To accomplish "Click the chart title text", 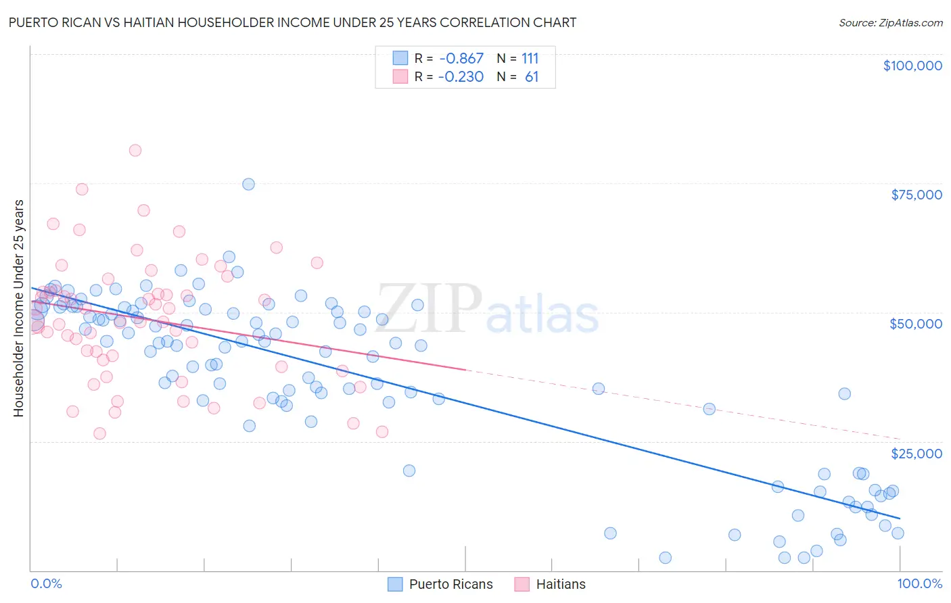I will pyautogui.click(x=292, y=22).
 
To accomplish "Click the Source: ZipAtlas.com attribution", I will pyautogui.click(x=890, y=22).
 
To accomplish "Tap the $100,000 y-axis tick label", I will pyautogui.click(x=912, y=66).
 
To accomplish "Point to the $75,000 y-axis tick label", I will pyautogui.click(x=916, y=195).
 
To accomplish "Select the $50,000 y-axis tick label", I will pyautogui.click(x=915, y=324).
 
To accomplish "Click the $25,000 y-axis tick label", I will pyautogui.click(x=916, y=453).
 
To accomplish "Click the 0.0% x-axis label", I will pyautogui.click(x=46, y=583).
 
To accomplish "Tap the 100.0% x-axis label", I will pyautogui.click(x=919, y=583).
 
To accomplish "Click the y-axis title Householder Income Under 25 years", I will pyautogui.click(x=18, y=308).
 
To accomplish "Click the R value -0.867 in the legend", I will pyautogui.click(x=461, y=59).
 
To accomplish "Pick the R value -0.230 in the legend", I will pyautogui.click(x=461, y=77).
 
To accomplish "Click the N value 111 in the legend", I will pyautogui.click(x=530, y=59).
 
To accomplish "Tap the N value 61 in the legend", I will pyautogui.click(x=532, y=77).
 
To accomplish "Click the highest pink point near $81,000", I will pyautogui.click(x=135, y=151).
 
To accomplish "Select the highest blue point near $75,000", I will pyautogui.click(x=248, y=185).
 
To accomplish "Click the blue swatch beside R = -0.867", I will pyautogui.click(x=400, y=59).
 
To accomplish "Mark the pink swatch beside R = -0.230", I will pyautogui.click(x=400, y=77).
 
